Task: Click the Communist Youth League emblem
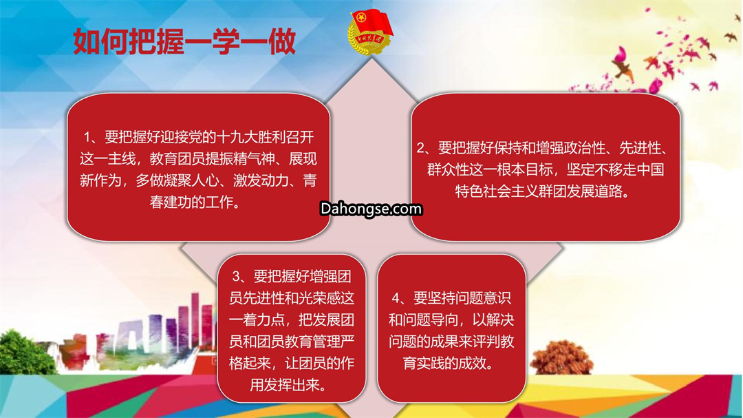pyautogui.click(x=370, y=31)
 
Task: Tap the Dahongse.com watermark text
pyautogui.click(x=371, y=209)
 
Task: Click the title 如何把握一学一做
pyautogui.click(x=185, y=42)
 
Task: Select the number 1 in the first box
pyautogui.click(x=87, y=138)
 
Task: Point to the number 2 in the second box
pyautogui.click(x=421, y=148)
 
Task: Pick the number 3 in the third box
pyautogui.click(x=237, y=276)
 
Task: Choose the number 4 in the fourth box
pyautogui.click(x=396, y=298)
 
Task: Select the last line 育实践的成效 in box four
pyautogui.click(x=444, y=364)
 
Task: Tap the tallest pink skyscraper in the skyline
pyautogui.click(x=195, y=323)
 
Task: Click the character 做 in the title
pyautogui.click(x=283, y=42)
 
